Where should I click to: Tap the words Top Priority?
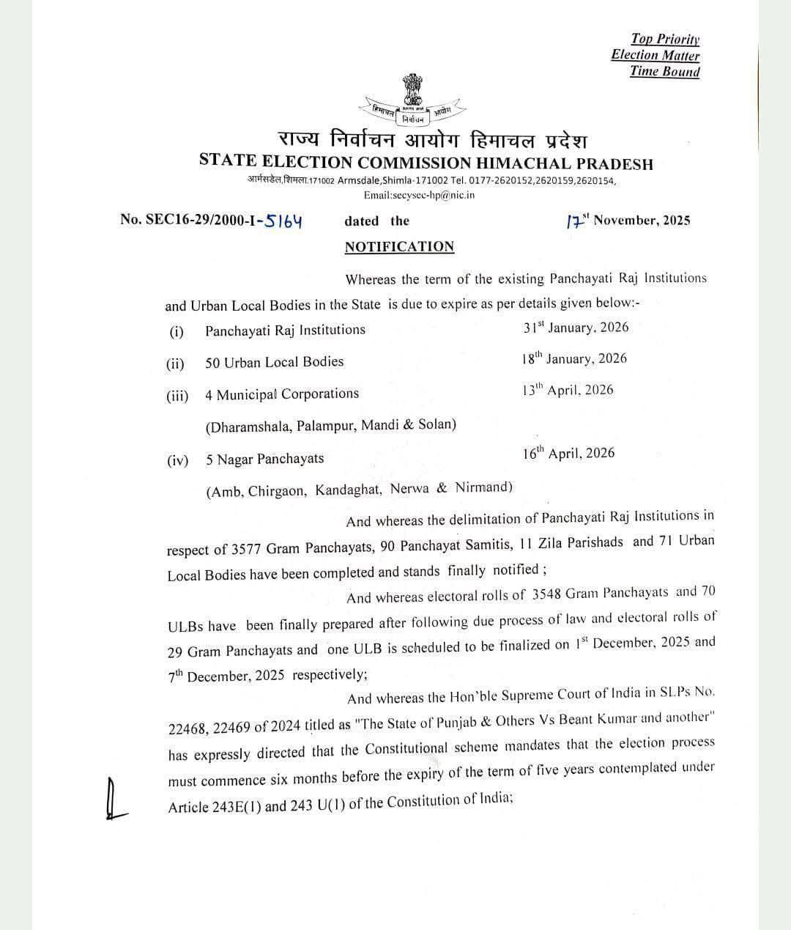[x=665, y=39]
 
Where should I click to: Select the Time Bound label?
[x=664, y=71]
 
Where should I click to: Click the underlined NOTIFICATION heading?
[x=399, y=247]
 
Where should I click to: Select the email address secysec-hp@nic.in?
[x=419, y=195]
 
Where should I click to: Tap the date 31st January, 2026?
[x=576, y=328]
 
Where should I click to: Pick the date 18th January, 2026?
[x=575, y=358]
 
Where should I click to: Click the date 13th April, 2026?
[x=568, y=390]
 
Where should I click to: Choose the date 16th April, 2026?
[x=568, y=453]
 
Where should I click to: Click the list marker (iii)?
[x=177, y=396]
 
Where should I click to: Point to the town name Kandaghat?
[x=349, y=490]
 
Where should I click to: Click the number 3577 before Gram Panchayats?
[x=247, y=548]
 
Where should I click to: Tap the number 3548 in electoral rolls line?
[x=547, y=593]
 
